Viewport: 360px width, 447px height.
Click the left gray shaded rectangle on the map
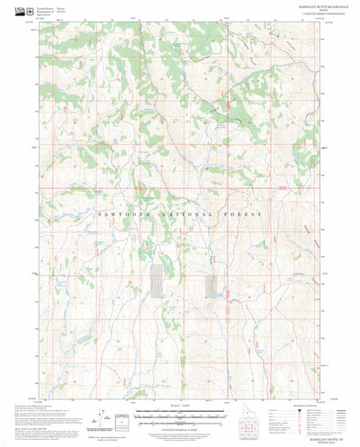click(158, 280)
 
